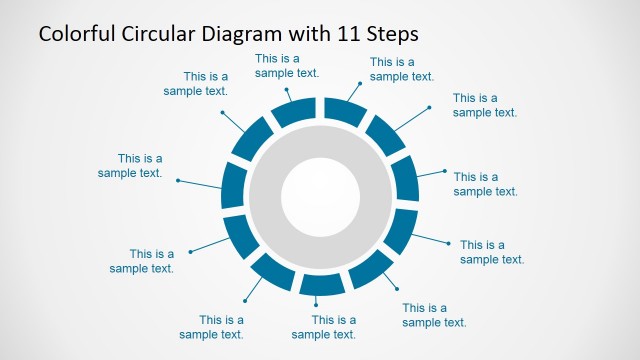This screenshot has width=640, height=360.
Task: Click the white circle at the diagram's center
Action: pyautogui.click(x=320, y=193)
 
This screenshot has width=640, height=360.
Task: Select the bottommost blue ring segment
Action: pyautogui.click(x=320, y=283)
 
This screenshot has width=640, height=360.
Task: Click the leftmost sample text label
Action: pyautogui.click(x=130, y=165)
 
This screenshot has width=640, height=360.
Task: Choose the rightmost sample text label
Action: pyautogui.click(x=492, y=252)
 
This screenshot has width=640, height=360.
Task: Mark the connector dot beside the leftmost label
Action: pyautogui.click(x=178, y=180)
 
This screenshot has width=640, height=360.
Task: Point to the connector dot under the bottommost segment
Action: pyautogui.click(x=317, y=303)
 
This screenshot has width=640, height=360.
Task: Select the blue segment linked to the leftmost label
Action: pyautogui.click(x=233, y=186)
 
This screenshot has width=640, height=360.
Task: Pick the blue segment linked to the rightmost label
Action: pyautogui.click(x=399, y=230)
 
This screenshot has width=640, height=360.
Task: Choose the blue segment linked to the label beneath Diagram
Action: pyautogui.click(x=295, y=110)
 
